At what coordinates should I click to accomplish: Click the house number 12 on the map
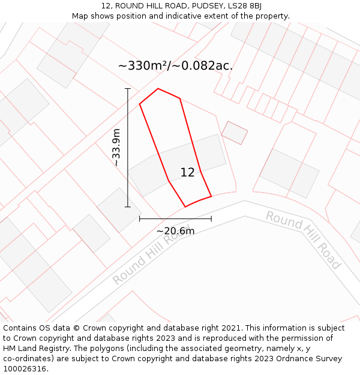[x=187, y=173]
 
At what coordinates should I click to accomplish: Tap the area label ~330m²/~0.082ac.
[x=175, y=66]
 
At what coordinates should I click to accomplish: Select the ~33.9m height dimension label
[x=116, y=148]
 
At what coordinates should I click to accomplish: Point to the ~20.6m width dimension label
[x=175, y=231]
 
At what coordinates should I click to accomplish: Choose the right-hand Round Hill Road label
[x=303, y=239]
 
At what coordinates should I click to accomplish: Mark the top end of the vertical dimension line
[x=127, y=89]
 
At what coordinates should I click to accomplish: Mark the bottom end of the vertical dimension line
[x=127, y=207]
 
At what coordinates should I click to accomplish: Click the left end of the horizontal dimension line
[x=140, y=219]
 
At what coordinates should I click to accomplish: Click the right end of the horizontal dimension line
[x=211, y=219]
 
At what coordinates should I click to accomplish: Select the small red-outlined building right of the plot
[x=235, y=133]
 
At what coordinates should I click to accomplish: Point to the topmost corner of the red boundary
[x=158, y=89]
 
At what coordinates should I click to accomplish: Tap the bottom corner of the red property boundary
[x=185, y=207]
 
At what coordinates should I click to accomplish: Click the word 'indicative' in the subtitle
[x=184, y=16]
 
